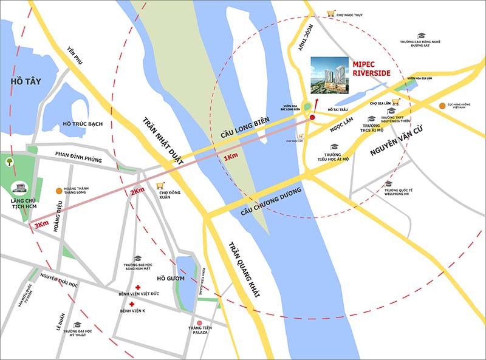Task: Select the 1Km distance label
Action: coord(231,158)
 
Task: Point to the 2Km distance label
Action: coord(137,192)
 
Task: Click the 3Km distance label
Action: coord(41,225)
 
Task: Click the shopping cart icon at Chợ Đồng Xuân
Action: coord(160,186)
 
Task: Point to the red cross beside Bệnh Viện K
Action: coord(131,303)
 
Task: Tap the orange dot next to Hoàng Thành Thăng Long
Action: coord(58,190)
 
